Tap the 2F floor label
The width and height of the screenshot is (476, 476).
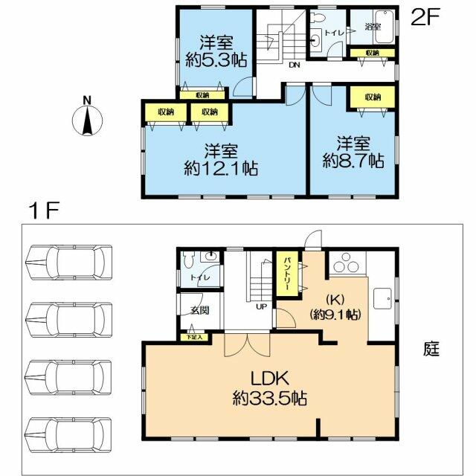tap(425, 17)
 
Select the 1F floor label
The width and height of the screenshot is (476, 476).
tap(43, 210)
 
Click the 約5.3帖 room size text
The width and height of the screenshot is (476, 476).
tap(216, 61)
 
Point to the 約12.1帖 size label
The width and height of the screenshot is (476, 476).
tap(221, 168)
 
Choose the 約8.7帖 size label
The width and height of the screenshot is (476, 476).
tap(353, 161)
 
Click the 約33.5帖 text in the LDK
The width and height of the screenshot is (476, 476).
tap(269, 398)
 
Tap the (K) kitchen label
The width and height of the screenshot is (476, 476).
tap(335, 300)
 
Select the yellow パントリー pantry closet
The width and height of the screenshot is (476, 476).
tap(287, 274)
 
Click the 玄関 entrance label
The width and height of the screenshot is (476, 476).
tap(200, 310)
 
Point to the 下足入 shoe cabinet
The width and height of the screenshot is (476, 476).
tap(193, 337)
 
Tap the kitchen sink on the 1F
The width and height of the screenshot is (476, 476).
tap(382, 298)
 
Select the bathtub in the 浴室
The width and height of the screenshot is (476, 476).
tap(385, 27)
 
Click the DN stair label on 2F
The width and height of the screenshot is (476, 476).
tap(295, 65)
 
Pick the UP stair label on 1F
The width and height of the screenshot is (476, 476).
tap(261, 306)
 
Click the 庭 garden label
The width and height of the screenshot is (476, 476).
tap(431, 349)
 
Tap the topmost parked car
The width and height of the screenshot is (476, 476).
tap(69, 263)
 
